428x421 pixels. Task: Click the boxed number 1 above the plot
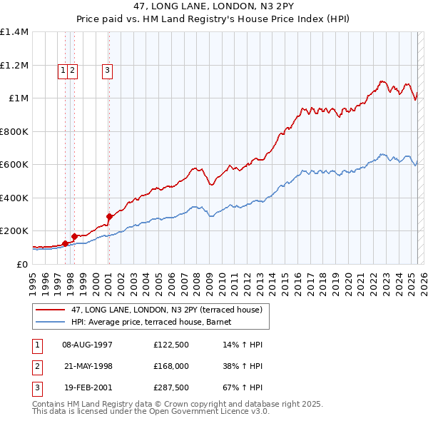pyautogui.click(x=63, y=70)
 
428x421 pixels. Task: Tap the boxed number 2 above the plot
pyautogui.click(x=73, y=70)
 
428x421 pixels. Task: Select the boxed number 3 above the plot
pyautogui.click(x=107, y=70)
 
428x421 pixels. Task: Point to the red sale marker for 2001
pyautogui.click(x=109, y=216)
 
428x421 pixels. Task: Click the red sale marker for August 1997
pyautogui.click(x=65, y=243)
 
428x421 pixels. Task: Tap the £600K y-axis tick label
pyautogui.click(x=14, y=164)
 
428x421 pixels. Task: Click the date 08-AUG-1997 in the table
pyautogui.click(x=88, y=344)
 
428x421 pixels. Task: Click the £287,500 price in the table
pyautogui.click(x=170, y=389)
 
